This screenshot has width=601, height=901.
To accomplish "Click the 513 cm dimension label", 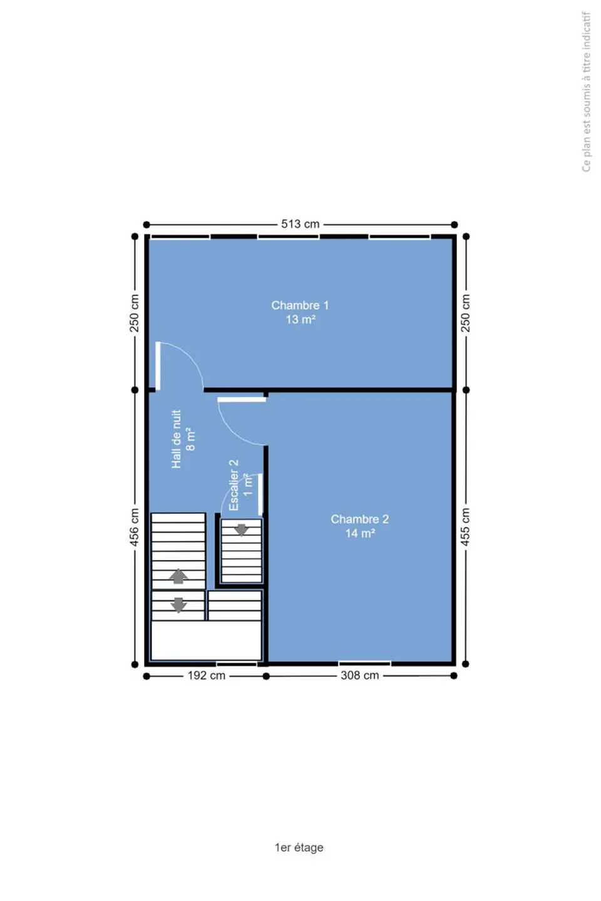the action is (x=300, y=224).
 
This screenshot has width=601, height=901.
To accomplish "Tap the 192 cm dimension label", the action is (x=206, y=675).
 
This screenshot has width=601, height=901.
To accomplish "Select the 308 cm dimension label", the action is (x=359, y=675).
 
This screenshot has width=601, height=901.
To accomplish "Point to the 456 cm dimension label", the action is (x=135, y=527).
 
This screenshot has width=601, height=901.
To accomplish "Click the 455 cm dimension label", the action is (x=465, y=527).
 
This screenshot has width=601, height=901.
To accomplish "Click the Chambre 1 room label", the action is (x=300, y=305).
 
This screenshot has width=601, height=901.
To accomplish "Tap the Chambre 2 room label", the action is (x=359, y=519).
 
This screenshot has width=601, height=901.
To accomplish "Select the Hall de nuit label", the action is (x=177, y=439).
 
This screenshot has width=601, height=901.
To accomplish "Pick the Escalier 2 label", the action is (x=234, y=486).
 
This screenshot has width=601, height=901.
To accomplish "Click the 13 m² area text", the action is (x=300, y=320).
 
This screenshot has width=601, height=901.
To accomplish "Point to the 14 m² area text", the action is (x=360, y=533).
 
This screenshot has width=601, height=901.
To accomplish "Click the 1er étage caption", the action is (x=299, y=847).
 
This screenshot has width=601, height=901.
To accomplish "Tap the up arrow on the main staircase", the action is (x=178, y=576).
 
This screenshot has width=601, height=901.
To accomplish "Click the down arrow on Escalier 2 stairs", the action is (x=241, y=530).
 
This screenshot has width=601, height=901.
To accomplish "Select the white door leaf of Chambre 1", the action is (x=158, y=365).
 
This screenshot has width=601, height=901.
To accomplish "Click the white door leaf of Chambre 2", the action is (x=242, y=400).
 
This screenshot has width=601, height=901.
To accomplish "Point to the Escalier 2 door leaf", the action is (x=260, y=494).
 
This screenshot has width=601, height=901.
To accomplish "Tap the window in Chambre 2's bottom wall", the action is (x=364, y=663).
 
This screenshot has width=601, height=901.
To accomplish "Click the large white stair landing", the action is (x=206, y=640).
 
